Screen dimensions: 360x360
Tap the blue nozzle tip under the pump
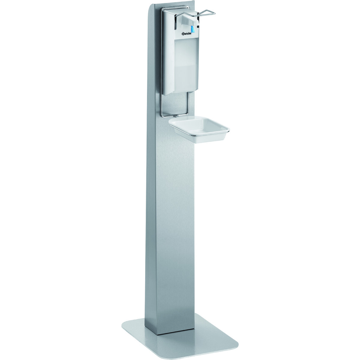pos(192,29)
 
